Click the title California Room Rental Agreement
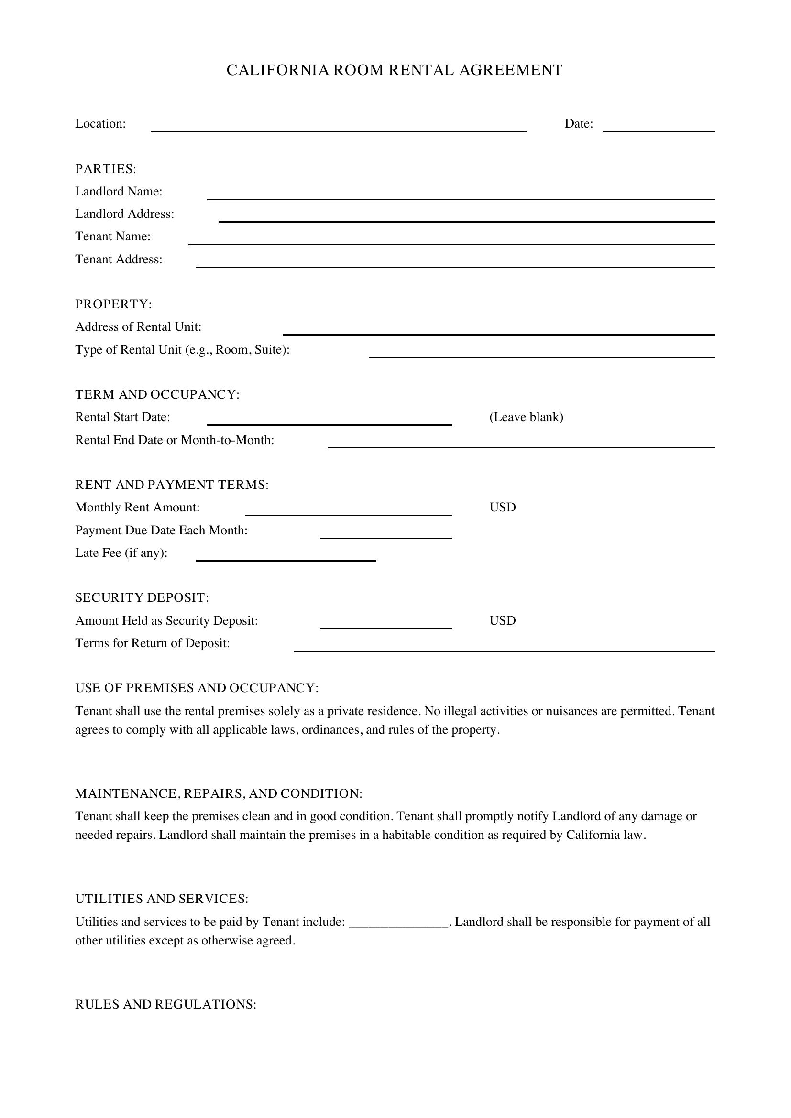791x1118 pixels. coord(395,70)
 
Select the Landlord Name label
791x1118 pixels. coord(119,191)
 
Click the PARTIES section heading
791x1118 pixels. coord(106,169)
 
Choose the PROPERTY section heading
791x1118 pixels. coord(113,304)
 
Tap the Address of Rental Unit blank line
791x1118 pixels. coord(499,330)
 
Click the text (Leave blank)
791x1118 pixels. coord(526,417)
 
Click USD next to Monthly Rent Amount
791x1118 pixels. coord(502,508)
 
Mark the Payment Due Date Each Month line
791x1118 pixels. coord(386,534)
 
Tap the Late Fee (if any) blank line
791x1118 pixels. coord(286,556)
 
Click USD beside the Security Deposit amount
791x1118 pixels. coord(502,620)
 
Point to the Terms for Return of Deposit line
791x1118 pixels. coord(504,647)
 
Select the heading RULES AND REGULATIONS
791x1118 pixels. coord(165,1005)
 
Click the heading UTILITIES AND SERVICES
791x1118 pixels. coord(162,899)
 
